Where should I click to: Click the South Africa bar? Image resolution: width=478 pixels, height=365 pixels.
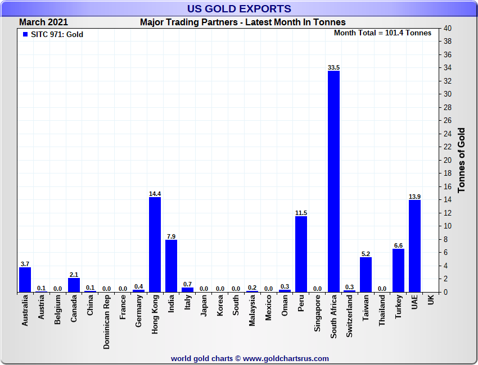pos(333,181)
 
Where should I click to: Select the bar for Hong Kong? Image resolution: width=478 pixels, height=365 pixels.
pos(155,244)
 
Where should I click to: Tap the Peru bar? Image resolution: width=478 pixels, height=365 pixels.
pos(301,254)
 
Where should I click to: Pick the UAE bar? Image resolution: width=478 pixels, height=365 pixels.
pos(414,246)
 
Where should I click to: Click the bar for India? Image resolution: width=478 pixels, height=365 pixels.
pos(171,266)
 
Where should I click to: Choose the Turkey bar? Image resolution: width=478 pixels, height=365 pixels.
pos(398,270)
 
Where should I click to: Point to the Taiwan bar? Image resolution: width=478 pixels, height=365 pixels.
pos(366,275)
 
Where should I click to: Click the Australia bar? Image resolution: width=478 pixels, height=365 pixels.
pos(25,280)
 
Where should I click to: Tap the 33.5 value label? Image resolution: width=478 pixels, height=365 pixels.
pos(333,67)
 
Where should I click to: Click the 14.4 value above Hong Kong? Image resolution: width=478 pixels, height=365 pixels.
pos(155,194)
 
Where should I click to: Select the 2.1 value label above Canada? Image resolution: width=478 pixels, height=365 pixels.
pos(74,275)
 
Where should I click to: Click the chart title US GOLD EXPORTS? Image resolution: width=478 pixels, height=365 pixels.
pos(239,8)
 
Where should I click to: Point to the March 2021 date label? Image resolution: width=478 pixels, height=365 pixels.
pos(43,22)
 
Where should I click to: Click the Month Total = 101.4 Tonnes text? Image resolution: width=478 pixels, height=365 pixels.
pos(382,33)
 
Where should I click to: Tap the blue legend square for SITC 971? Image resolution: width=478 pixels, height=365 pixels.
pos(25,34)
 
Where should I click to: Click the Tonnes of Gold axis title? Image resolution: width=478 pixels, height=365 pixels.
pos(461,160)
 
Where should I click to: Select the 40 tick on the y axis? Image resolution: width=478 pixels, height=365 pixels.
pos(447,28)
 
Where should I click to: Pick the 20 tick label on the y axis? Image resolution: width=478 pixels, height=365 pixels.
pos(447,160)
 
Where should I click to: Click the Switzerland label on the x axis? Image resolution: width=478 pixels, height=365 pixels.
pos(350,317)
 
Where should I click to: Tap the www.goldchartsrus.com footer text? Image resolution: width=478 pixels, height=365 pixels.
pos(286,358)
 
